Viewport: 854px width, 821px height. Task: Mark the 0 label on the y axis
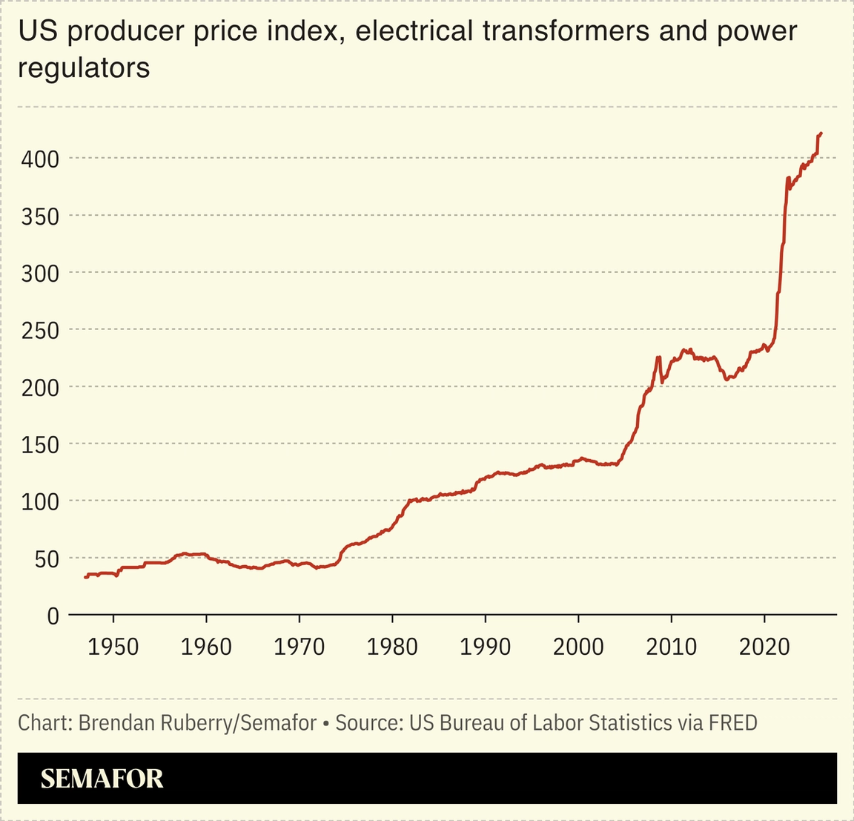click(x=52, y=616)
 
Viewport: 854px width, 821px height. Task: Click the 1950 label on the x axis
click(x=113, y=647)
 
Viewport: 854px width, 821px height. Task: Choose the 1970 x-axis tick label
click(x=299, y=647)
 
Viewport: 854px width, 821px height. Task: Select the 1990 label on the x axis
click(x=486, y=647)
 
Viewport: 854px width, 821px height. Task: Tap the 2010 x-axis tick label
click(x=672, y=647)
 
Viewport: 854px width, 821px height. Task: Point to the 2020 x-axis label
click(x=764, y=647)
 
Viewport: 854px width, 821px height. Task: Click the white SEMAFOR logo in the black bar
click(x=102, y=778)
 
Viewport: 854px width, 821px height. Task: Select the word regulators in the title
click(x=84, y=67)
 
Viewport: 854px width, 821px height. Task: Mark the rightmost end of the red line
click(x=821, y=133)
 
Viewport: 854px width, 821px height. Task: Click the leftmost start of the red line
click(x=85, y=577)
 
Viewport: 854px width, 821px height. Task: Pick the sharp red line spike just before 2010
click(x=658, y=358)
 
